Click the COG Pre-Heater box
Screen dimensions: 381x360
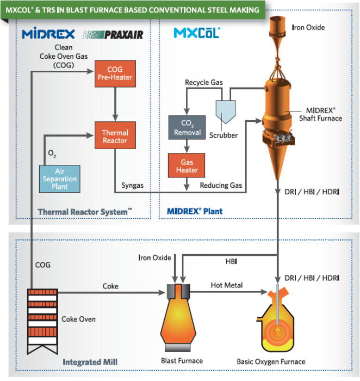click(114, 73)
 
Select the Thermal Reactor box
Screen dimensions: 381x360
click(115, 137)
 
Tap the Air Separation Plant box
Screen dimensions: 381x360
click(61, 178)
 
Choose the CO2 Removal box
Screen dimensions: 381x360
click(187, 128)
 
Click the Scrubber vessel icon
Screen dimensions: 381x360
click(224, 112)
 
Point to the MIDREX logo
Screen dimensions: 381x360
click(48, 34)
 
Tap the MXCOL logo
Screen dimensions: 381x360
click(196, 33)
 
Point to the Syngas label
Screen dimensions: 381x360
click(133, 186)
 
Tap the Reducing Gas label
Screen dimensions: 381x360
click(220, 186)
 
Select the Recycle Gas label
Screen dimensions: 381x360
click(204, 82)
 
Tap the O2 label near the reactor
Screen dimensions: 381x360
click(52, 154)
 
